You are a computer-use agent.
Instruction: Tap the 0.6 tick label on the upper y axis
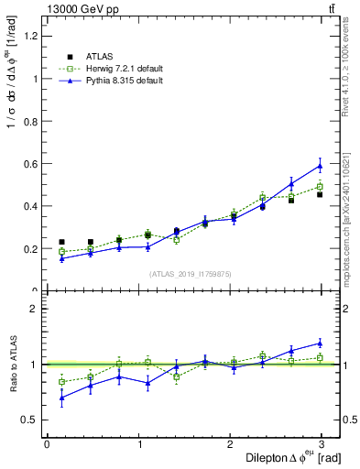[30, 164]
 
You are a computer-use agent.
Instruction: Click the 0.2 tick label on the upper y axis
[30, 249]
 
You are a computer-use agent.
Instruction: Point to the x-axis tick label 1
[138, 443]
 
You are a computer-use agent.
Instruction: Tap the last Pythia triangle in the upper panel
[320, 166]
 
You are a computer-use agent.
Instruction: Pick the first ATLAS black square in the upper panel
[61, 242]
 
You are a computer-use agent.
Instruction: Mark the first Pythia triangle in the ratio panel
[61, 398]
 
